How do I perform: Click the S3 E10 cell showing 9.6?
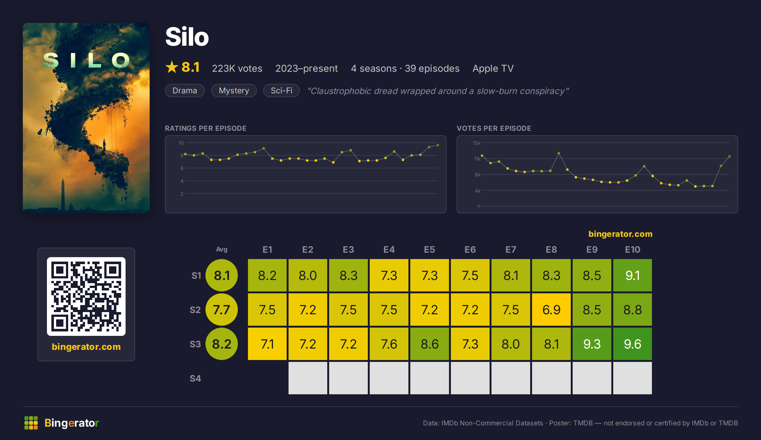coord(632,344)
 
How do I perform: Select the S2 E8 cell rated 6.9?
coord(551,310)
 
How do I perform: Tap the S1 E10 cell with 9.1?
coord(632,275)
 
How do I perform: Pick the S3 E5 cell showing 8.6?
coord(429,344)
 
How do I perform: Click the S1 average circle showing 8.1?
coord(222,275)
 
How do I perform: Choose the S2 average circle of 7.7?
coord(222,310)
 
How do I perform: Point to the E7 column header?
coord(511,250)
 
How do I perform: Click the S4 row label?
coord(195,378)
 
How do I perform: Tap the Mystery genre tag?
coord(234,90)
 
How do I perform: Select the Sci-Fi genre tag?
coord(282,90)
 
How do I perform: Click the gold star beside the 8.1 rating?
coord(172,67)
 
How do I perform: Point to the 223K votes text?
coord(237,69)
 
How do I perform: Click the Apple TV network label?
coord(493,69)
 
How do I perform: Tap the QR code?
coord(86,297)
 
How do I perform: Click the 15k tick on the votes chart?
coord(477,143)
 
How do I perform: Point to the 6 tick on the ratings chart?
coord(182,168)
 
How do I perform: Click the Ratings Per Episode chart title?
coord(205,128)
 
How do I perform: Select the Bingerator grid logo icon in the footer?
coord(31,423)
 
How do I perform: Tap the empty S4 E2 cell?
coord(308,378)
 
